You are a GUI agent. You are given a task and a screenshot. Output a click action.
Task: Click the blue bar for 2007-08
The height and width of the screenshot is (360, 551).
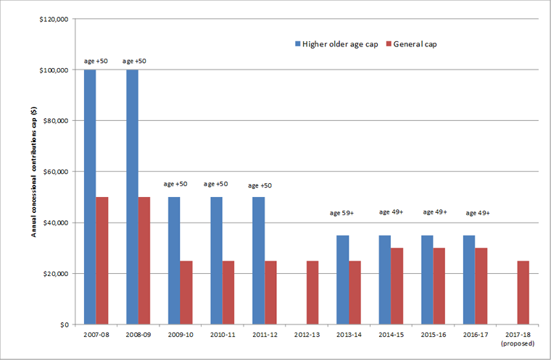(x=90, y=197)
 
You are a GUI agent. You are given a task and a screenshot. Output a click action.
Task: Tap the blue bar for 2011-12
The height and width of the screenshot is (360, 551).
(x=259, y=261)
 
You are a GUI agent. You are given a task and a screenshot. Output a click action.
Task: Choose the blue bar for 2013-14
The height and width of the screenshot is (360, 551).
(x=343, y=280)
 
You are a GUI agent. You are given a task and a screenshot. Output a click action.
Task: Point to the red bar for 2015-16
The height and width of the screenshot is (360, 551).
(x=439, y=286)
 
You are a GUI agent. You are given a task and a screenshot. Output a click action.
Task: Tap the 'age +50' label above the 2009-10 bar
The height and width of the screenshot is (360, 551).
(x=175, y=184)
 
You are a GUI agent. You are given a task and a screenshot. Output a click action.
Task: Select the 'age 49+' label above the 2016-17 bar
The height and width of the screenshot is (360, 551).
(x=477, y=213)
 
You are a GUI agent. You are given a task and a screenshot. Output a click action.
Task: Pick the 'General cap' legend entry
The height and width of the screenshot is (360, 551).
(x=415, y=44)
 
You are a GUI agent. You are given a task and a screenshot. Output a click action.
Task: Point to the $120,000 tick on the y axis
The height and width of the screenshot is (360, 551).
(x=54, y=20)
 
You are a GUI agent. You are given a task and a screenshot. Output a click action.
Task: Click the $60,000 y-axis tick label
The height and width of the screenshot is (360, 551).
(x=56, y=172)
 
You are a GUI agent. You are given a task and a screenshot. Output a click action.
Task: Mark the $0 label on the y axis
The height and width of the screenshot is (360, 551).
(x=64, y=325)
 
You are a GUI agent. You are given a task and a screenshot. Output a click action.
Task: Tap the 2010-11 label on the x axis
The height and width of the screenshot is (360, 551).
(x=217, y=335)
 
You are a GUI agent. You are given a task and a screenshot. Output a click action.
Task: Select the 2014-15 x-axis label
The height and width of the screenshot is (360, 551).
(x=385, y=335)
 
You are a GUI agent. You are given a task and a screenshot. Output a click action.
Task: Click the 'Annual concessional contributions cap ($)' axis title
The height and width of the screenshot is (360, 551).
(x=33, y=172)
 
